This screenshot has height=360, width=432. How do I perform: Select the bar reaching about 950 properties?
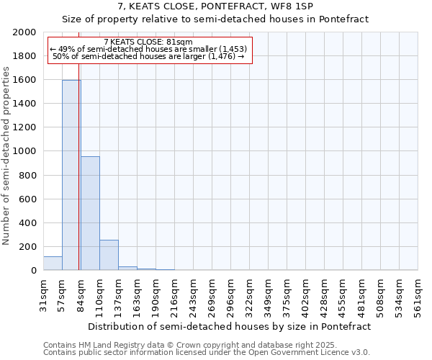click(x=90, y=213)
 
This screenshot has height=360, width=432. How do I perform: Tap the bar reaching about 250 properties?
click(x=109, y=255)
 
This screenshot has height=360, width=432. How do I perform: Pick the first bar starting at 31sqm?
click(x=53, y=264)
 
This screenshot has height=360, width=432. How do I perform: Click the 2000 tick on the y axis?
click(x=25, y=32)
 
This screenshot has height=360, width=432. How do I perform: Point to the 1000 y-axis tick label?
click(x=25, y=151)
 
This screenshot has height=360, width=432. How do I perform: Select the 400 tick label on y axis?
click(x=28, y=223)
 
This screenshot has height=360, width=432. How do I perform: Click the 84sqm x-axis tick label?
click(x=81, y=294)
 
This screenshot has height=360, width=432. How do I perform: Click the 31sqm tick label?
click(x=44, y=294)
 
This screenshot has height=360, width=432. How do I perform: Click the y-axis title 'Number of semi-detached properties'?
click(x=7, y=156)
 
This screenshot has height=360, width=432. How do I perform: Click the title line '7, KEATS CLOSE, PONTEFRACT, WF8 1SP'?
click(x=215, y=6)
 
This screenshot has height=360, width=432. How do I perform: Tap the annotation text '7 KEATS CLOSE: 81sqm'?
click(x=148, y=42)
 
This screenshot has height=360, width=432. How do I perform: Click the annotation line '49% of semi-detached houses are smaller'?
click(x=148, y=49)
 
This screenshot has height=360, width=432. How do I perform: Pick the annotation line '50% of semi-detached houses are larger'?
click(x=148, y=56)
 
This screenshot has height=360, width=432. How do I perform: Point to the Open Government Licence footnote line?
click(x=207, y=352)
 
